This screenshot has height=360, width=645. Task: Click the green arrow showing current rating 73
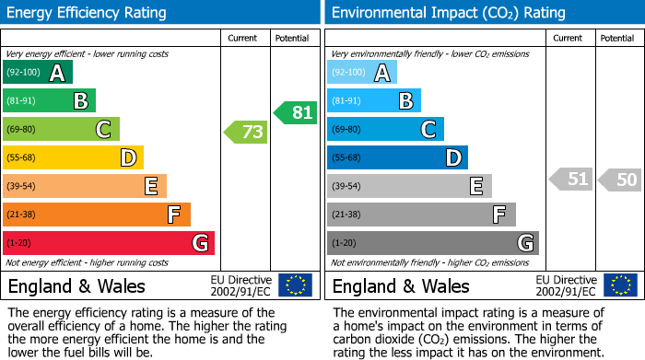[x=246, y=132]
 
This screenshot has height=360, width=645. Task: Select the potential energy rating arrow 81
[x=295, y=112]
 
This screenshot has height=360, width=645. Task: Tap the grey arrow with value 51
[x=571, y=180]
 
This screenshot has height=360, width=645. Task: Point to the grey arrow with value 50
[x=621, y=180]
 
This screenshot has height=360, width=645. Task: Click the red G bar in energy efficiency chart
[x=109, y=243]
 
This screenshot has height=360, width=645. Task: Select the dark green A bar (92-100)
[x=38, y=73]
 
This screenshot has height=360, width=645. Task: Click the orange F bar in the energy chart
[x=97, y=215]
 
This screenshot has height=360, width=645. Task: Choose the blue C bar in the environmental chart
[x=386, y=129]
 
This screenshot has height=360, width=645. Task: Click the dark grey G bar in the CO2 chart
[x=433, y=243]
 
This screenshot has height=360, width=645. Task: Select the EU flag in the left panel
[x=295, y=285]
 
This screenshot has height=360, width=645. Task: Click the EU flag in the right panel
[x=621, y=285]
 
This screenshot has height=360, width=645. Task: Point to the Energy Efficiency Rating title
[x=88, y=13]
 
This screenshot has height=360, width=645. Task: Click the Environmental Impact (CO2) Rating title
[x=448, y=13]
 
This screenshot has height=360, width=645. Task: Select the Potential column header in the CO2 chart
[x=616, y=38]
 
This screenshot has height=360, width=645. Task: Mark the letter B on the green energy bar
[x=81, y=101]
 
